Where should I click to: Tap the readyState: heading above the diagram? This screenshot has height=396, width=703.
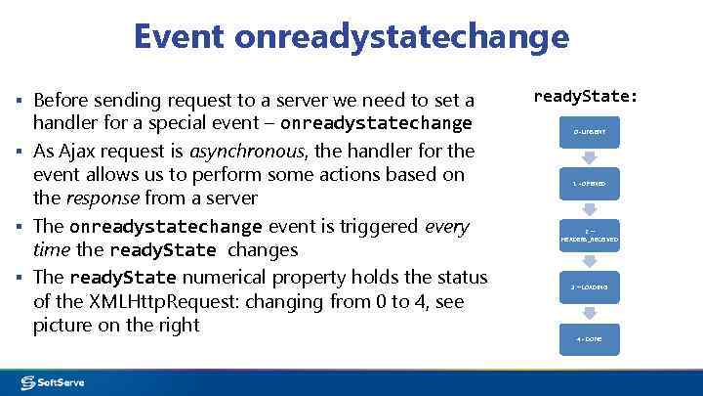point(586,97)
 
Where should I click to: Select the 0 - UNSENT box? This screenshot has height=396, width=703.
point(589,131)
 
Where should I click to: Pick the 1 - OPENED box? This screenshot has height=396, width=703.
point(589,183)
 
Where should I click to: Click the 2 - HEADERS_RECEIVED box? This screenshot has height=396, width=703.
point(589,236)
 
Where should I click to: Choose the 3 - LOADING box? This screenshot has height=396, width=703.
point(589,287)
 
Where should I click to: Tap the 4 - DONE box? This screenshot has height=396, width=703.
point(589,339)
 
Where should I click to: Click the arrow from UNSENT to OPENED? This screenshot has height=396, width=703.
point(589,157)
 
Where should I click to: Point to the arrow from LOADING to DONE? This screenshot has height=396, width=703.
point(589,314)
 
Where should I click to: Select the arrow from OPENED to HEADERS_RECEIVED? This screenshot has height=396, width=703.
point(589,209)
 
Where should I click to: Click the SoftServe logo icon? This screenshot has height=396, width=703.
point(28,382)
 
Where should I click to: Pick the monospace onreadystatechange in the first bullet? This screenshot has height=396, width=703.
point(376,124)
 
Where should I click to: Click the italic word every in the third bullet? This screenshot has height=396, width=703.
point(448,226)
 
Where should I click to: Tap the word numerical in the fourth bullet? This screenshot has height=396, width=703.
point(232,277)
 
